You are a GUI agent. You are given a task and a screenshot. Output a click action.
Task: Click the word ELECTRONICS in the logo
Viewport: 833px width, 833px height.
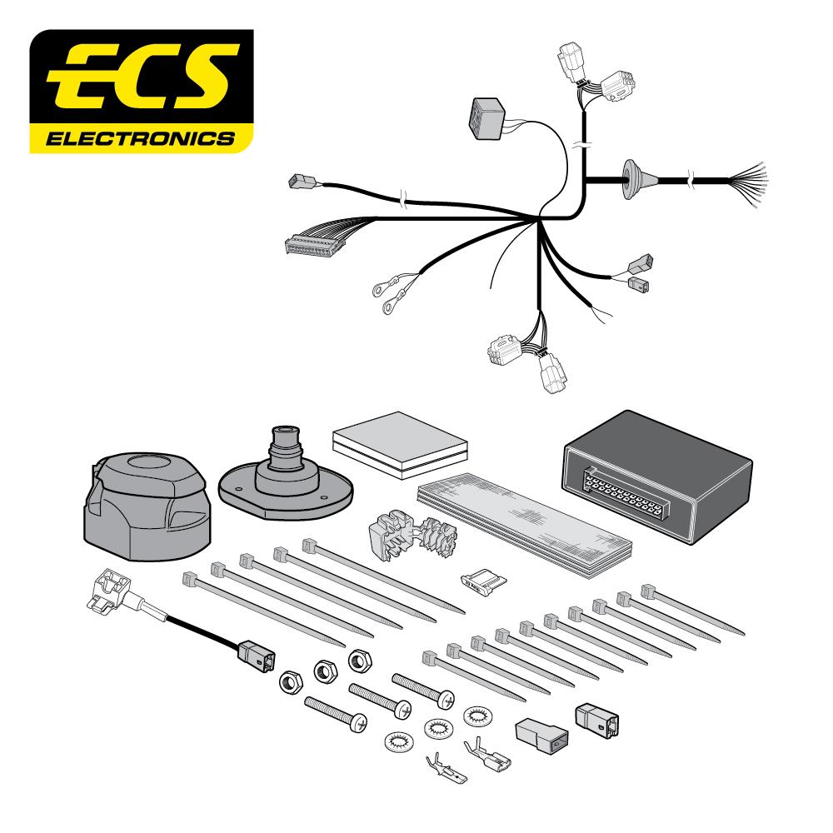point(141,137)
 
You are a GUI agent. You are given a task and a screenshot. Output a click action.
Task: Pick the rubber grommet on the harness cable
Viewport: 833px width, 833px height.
point(631,177)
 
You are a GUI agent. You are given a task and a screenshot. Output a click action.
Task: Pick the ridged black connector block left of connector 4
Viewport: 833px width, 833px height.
point(541,734)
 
